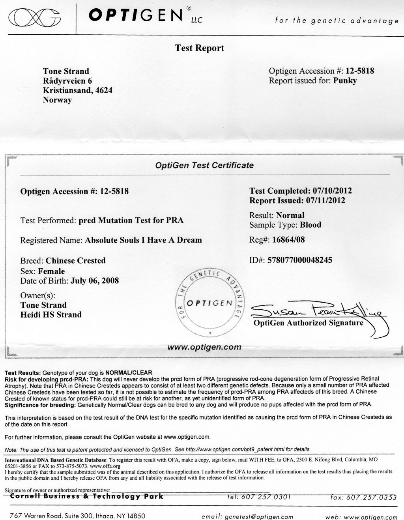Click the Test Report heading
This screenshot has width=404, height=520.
(x=199, y=48)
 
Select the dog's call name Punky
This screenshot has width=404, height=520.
(x=345, y=81)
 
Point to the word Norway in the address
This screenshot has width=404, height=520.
(x=57, y=100)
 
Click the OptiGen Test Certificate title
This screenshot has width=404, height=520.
(x=204, y=165)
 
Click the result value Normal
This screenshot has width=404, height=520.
(x=290, y=215)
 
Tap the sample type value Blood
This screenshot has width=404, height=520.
(x=310, y=225)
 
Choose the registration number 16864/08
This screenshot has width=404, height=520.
(x=288, y=239)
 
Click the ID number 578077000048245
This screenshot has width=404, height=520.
(x=300, y=260)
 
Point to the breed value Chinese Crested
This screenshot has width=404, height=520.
(x=76, y=260)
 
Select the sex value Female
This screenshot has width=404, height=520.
(x=51, y=271)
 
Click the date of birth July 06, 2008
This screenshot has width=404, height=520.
(x=94, y=281)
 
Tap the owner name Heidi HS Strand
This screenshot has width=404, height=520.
(x=51, y=314)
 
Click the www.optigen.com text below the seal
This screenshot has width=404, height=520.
(x=204, y=347)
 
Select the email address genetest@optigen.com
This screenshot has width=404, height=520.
(x=259, y=516)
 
